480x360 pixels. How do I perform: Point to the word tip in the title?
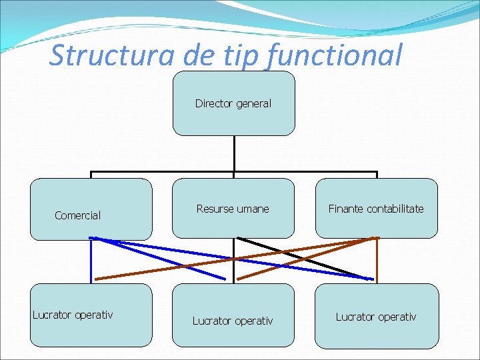[243, 55]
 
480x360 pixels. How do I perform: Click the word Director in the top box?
[211, 103]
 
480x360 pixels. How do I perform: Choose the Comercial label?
[77, 215]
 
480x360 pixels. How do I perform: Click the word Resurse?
[214, 209]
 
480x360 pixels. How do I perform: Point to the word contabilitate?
[393, 209]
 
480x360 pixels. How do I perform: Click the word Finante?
[344, 209]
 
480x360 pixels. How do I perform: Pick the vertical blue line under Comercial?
[91, 260]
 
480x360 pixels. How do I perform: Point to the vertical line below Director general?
[234, 153]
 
